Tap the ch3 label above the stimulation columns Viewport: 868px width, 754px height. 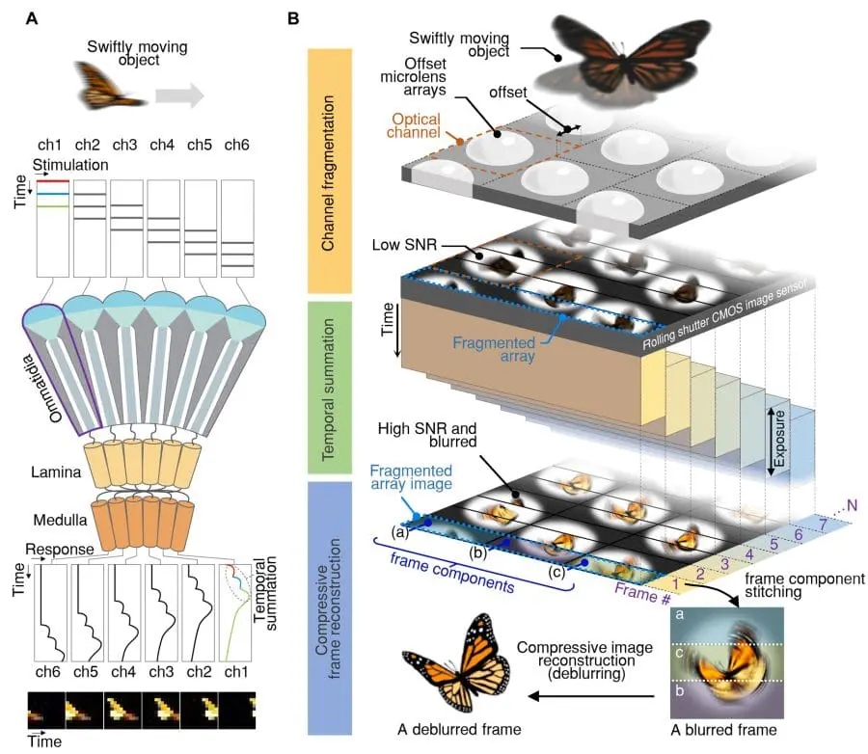(124, 145)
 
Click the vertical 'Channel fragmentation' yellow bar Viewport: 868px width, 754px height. (333, 170)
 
